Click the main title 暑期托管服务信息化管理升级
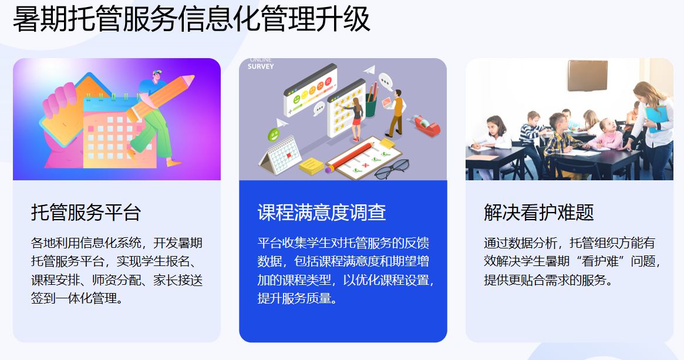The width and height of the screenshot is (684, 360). point(191,20)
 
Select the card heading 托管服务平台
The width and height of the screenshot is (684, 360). point(86,212)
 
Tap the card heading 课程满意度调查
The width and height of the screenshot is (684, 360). point(321,212)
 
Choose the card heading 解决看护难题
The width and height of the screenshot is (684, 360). point(538,212)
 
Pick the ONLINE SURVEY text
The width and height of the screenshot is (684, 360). point(260,64)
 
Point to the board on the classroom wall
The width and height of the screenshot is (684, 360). point(587,75)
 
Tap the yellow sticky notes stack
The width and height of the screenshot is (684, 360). point(312,165)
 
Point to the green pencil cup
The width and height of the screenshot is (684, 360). point(370,107)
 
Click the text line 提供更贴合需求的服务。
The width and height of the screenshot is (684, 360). point(548,280)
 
